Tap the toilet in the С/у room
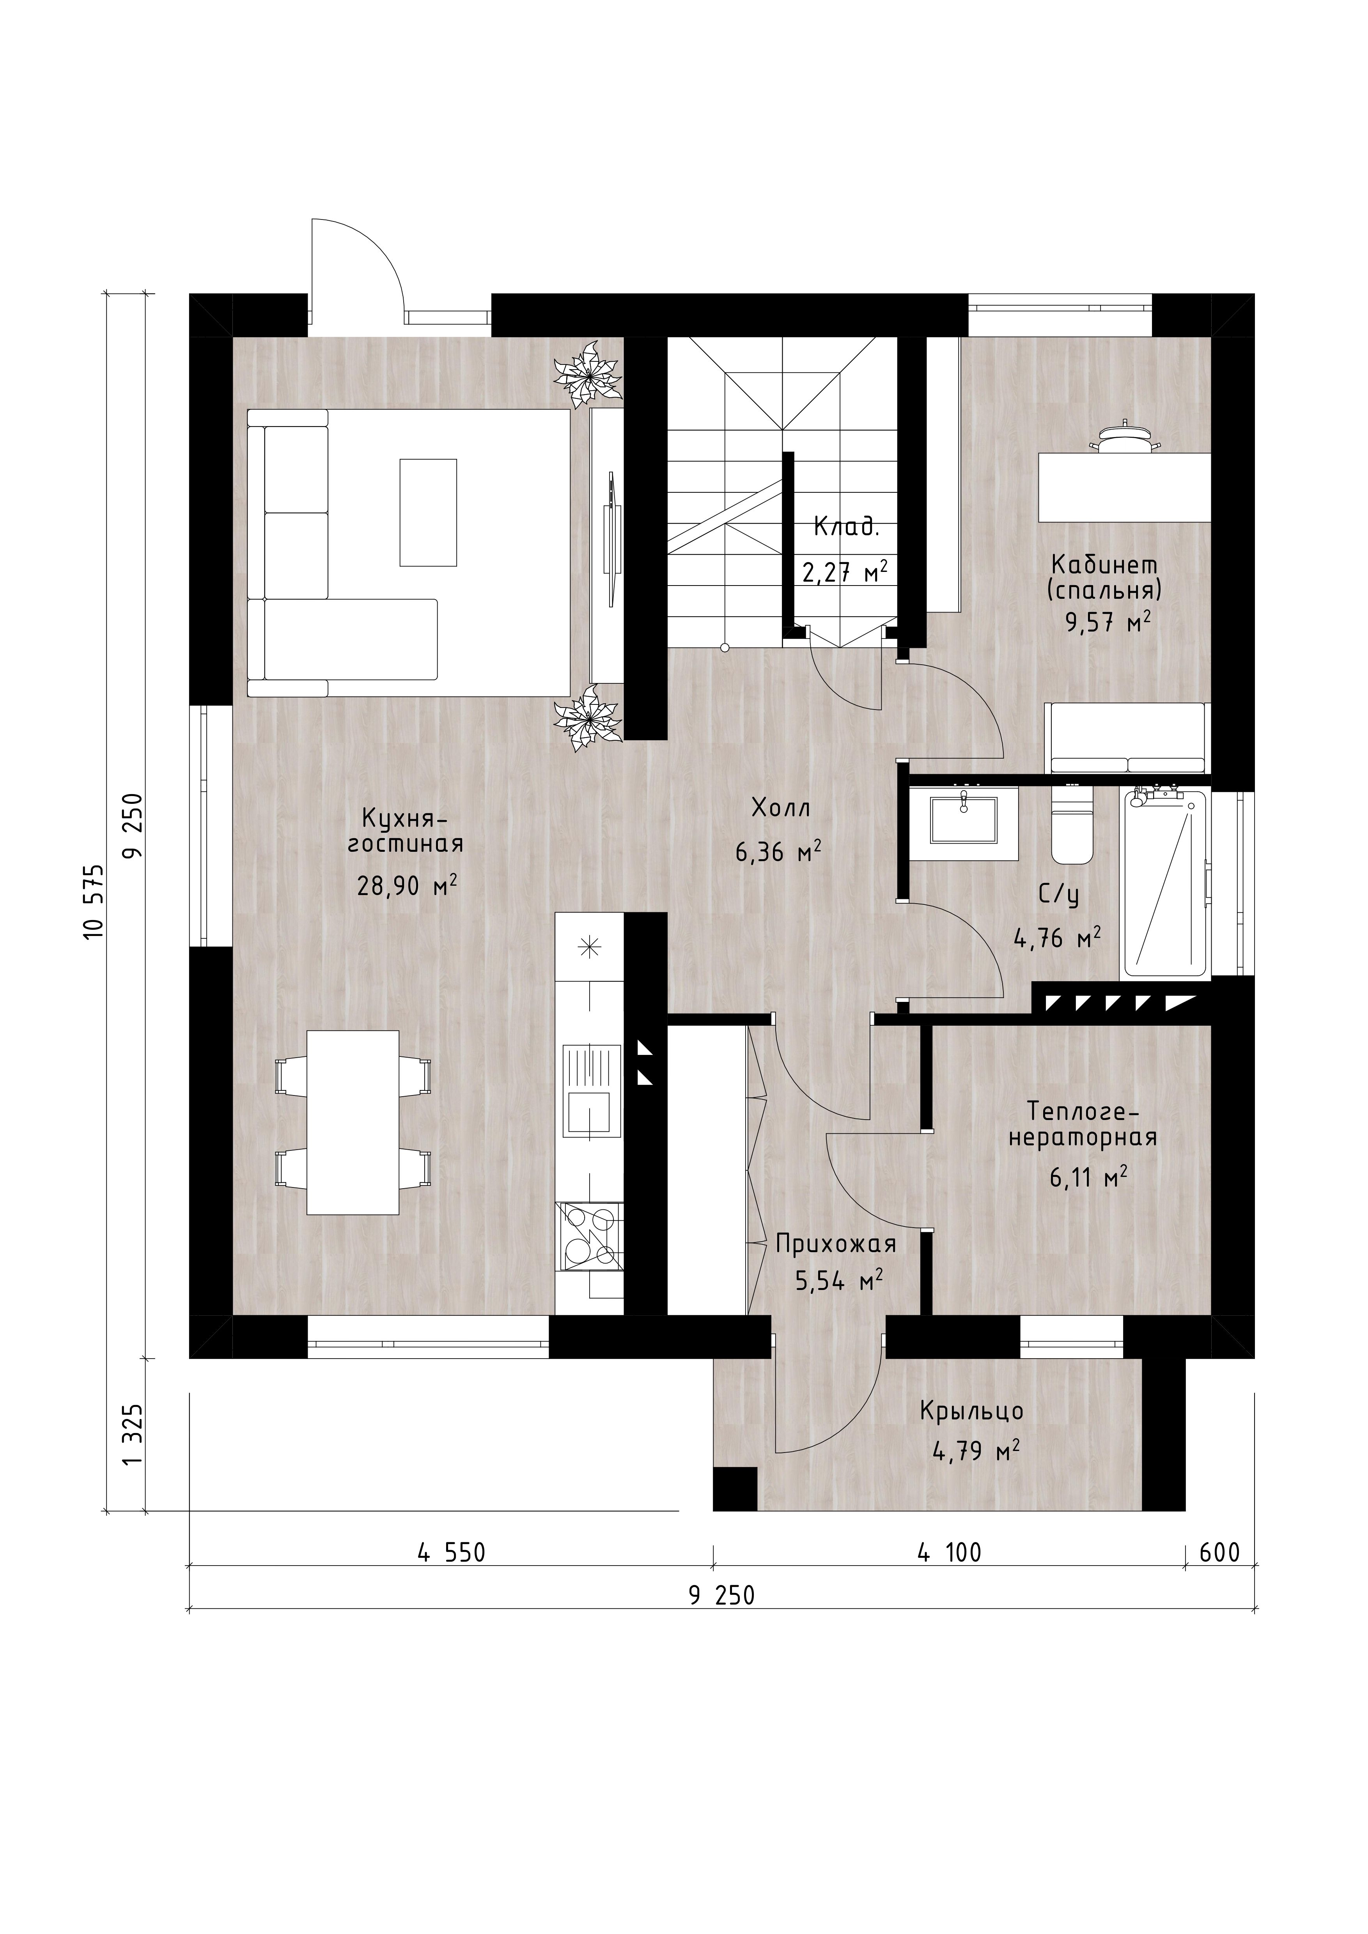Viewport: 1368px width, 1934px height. point(1072,826)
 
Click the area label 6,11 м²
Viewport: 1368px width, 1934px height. point(1088,1178)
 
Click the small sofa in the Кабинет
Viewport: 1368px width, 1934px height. point(1127,738)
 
